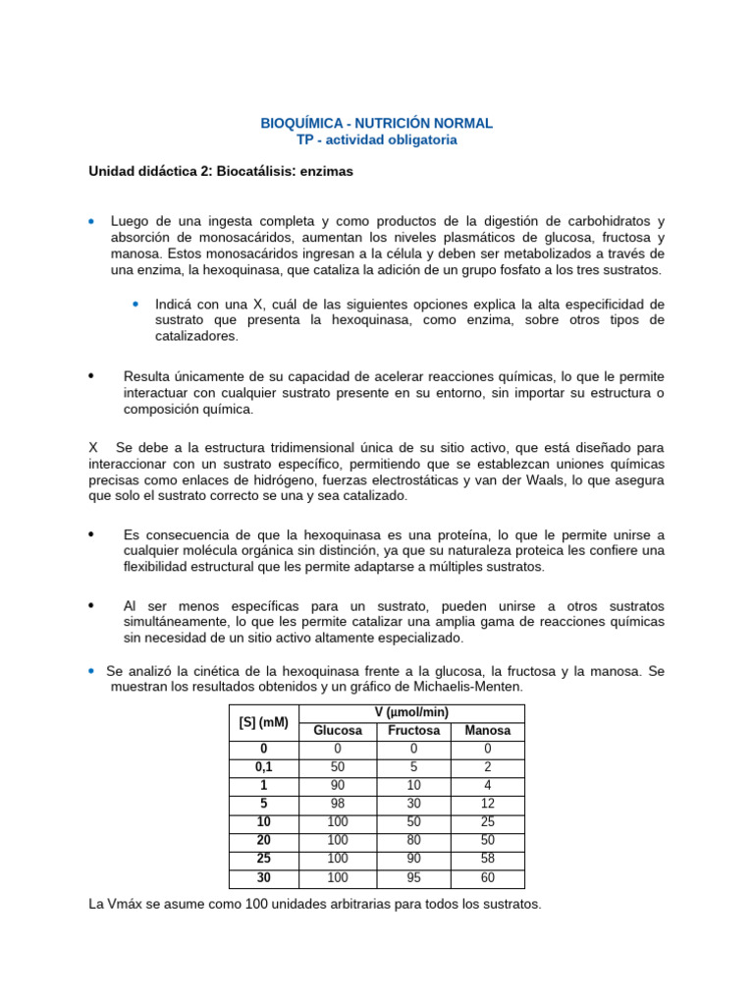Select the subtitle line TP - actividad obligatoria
pyautogui.click(x=377, y=140)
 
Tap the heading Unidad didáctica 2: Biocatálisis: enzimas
pyautogui.click(x=221, y=171)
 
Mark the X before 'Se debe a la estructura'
pyautogui.click(x=93, y=446)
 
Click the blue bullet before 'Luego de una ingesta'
pyautogui.click(x=92, y=220)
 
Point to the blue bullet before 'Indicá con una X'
pyautogui.click(x=135, y=304)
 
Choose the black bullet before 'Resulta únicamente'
pyautogui.click(x=92, y=375)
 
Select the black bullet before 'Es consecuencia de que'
pyautogui.click(x=92, y=534)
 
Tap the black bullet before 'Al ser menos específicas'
pyautogui.click(x=92, y=605)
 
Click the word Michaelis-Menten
pyautogui.click(x=470, y=686)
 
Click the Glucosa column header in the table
pyautogui.click(x=337, y=731)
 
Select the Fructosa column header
pyautogui.click(x=412, y=731)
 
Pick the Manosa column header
pyautogui.click(x=487, y=731)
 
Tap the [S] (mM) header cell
pyautogui.click(x=263, y=722)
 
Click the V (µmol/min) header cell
pyautogui.click(x=411, y=713)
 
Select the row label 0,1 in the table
pyautogui.click(x=263, y=766)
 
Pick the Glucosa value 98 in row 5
pyautogui.click(x=337, y=803)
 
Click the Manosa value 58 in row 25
pyautogui.click(x=487, y=859)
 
